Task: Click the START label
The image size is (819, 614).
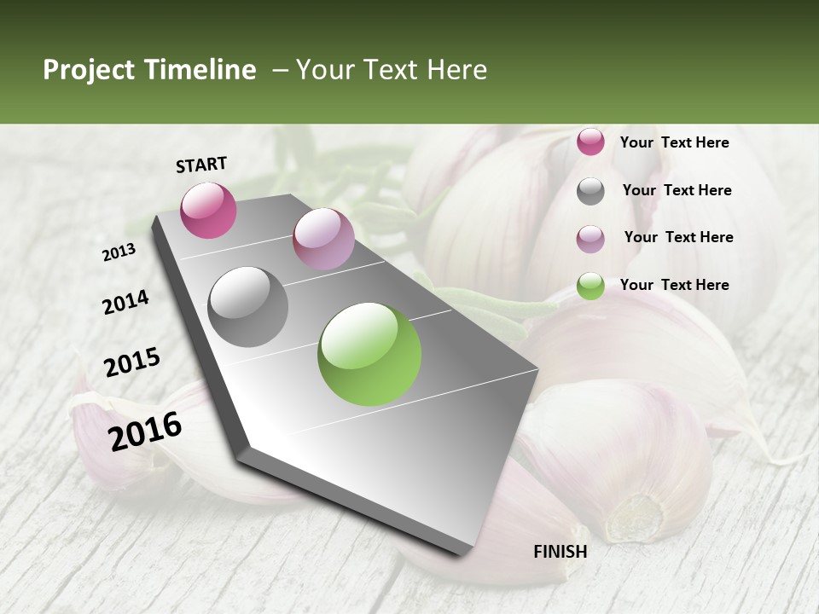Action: pyautogui.click(x=201, y=165)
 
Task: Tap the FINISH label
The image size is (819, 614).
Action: pyautogui.click(x=560, y=552)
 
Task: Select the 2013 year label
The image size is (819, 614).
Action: pyautogui.click(x=119, y=252)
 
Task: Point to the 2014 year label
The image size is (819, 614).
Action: pyautogui.click(x=125, y=302)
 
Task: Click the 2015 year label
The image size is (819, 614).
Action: pyautogui.click(x=132, y=362)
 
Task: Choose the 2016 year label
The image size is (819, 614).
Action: pyautogui.click(x=145, y=432)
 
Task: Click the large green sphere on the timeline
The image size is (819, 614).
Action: pyautogui.click(x=369, y=354)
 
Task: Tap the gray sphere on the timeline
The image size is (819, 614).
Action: pyautogui.click(x=248, y=306)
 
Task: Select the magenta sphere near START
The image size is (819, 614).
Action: pyautogui.click(x=208, y=210)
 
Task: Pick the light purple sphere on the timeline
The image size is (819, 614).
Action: pyautogui.click(x=323, y=239)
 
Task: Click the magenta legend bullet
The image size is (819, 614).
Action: pyautogui.click(x=590, y=142)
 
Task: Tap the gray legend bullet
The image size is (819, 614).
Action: pyautogui.click(x=590, y=191)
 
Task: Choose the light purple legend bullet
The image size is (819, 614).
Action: pyautogui.click(x=590, y=239)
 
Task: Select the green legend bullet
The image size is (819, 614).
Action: pyautogui.click(x=590, y=286)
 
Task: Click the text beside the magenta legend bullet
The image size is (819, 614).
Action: pyautogui.click(x=674, y=142)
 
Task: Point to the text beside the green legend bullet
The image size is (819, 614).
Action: pyautogui.click(x=674, y=285)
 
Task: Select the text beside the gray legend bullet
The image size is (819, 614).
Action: pyautogui.click(x=677, y=190)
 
